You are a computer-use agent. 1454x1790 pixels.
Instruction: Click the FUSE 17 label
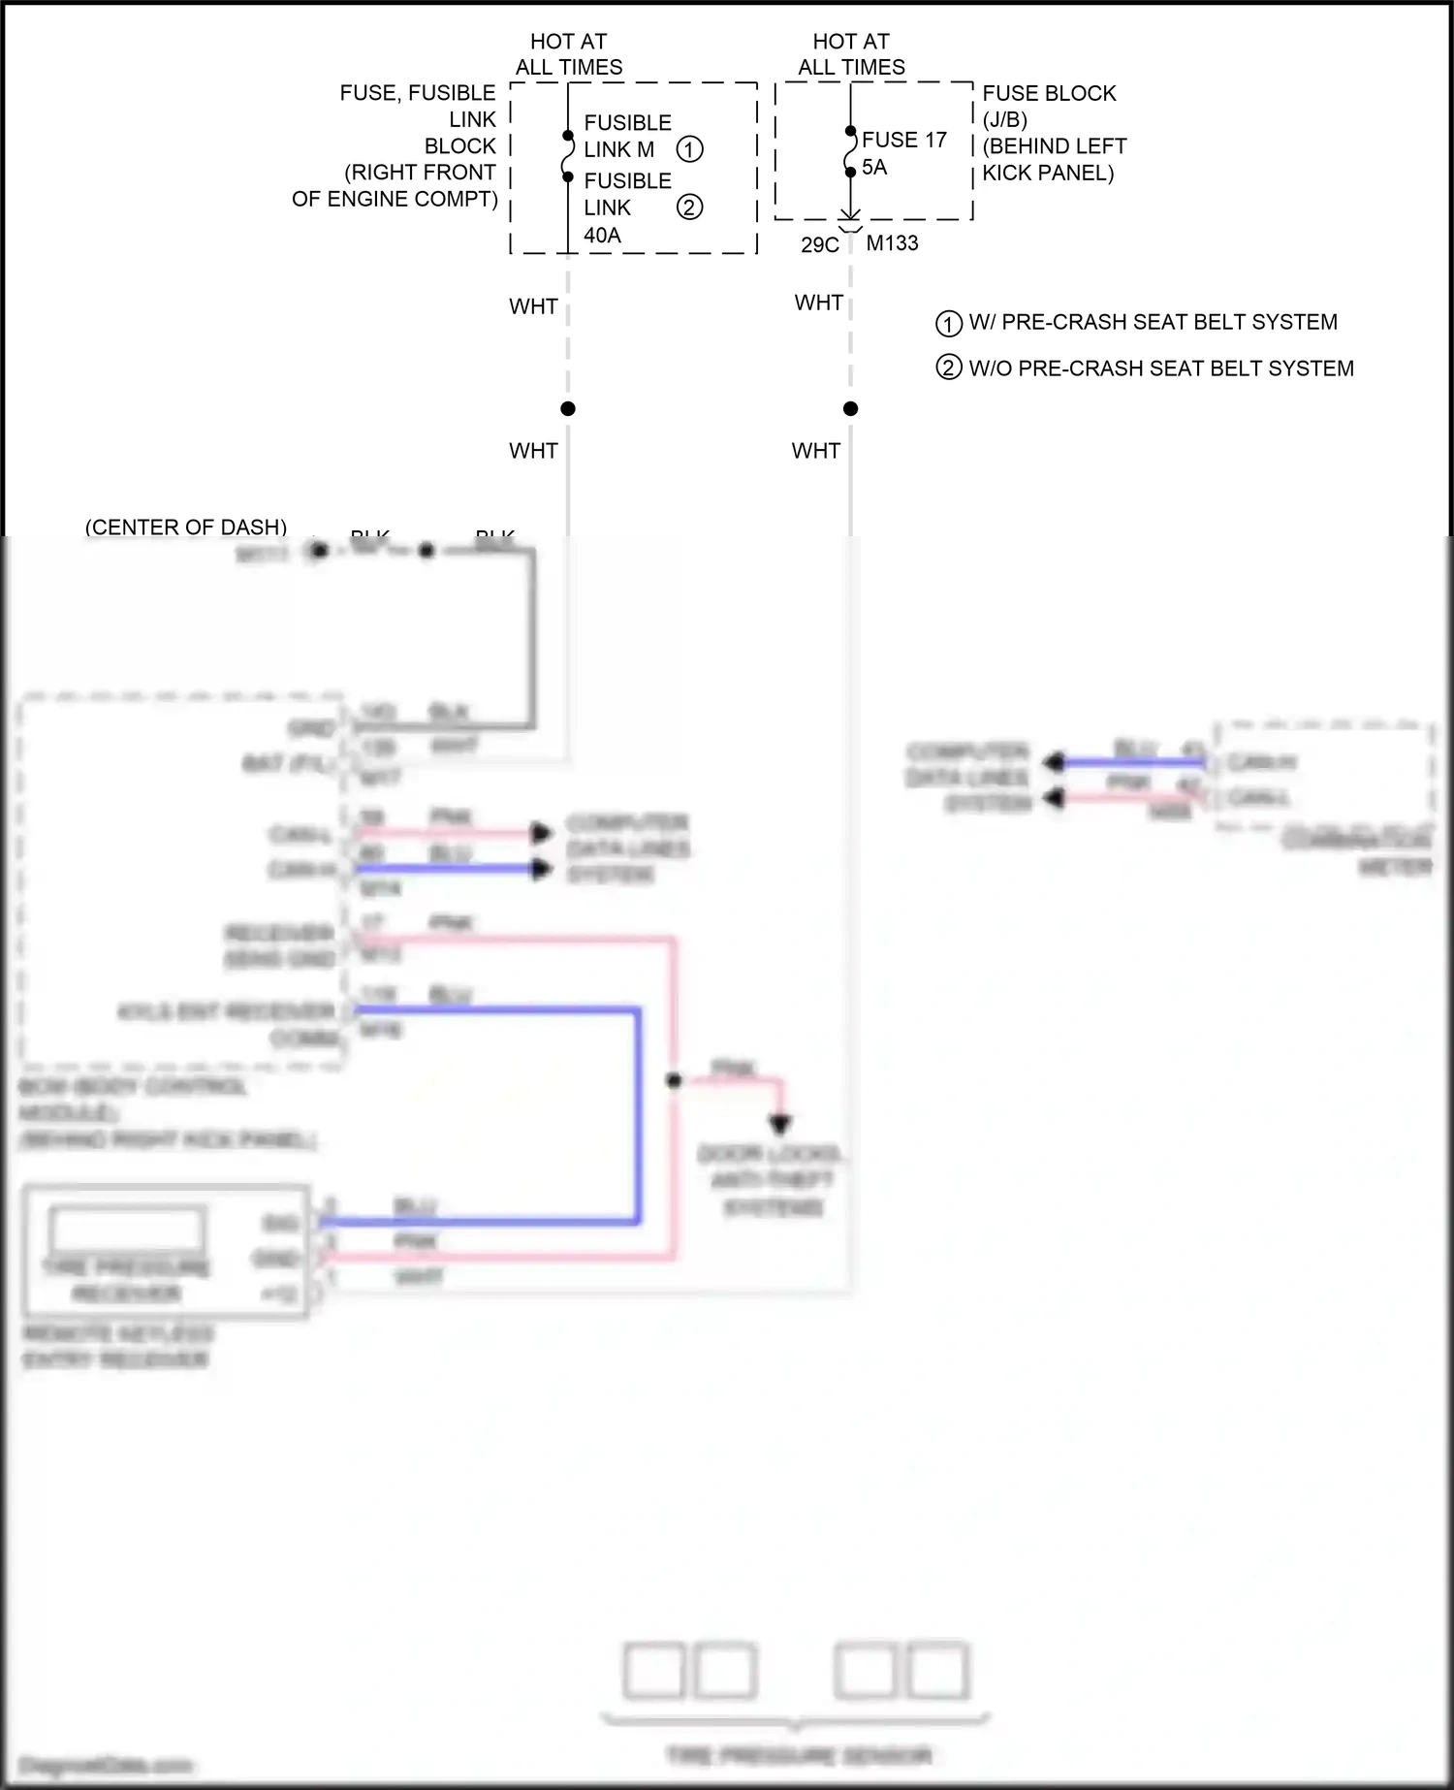coord(903,140)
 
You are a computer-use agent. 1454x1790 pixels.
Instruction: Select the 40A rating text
coord(602,236)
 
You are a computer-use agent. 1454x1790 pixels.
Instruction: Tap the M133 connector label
coord(892,243)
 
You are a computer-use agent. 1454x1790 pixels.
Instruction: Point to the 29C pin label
coord(819,244)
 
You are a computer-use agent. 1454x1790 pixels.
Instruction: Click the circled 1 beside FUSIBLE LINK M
coord(689,149)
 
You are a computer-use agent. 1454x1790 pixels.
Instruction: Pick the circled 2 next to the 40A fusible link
coord(689,208)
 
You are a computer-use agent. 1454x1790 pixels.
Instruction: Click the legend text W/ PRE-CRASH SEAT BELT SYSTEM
coord(1153,322)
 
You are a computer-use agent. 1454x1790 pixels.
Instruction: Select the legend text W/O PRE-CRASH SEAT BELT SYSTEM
coord(1160,368)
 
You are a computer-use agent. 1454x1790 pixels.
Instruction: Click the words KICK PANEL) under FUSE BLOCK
coord(1048,174)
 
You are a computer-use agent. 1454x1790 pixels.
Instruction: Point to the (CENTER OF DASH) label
coord(186,527)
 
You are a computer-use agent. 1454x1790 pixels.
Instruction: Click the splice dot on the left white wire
coord(568,409)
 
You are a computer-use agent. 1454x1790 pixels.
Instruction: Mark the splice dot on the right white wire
coord(851,409)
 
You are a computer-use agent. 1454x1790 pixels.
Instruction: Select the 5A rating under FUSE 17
coord(874,167)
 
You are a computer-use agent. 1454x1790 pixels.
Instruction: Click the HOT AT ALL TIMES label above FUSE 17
coord(851,54)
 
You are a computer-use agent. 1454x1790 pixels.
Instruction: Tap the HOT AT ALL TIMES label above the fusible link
coord(569,54)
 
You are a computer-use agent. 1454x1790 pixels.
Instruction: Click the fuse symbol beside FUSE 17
coord(851,152)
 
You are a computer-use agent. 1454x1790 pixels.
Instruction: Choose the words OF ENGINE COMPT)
coord(395,199)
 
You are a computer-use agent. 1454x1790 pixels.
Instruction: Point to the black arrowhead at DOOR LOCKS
coord(780,1125)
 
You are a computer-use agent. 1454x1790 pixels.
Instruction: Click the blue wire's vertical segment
coord(638,1115)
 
